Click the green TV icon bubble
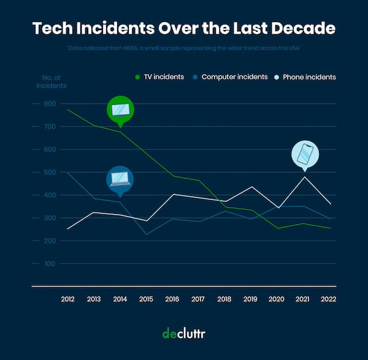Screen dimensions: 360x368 point(120,110)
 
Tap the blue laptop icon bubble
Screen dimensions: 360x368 point(120,178)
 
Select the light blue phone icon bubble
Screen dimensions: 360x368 point(305,155)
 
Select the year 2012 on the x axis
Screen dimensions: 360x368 point(67,299)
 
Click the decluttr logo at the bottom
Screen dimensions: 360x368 point(183,333)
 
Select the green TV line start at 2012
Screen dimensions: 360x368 point(67,110)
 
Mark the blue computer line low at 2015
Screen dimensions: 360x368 point(145,234)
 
